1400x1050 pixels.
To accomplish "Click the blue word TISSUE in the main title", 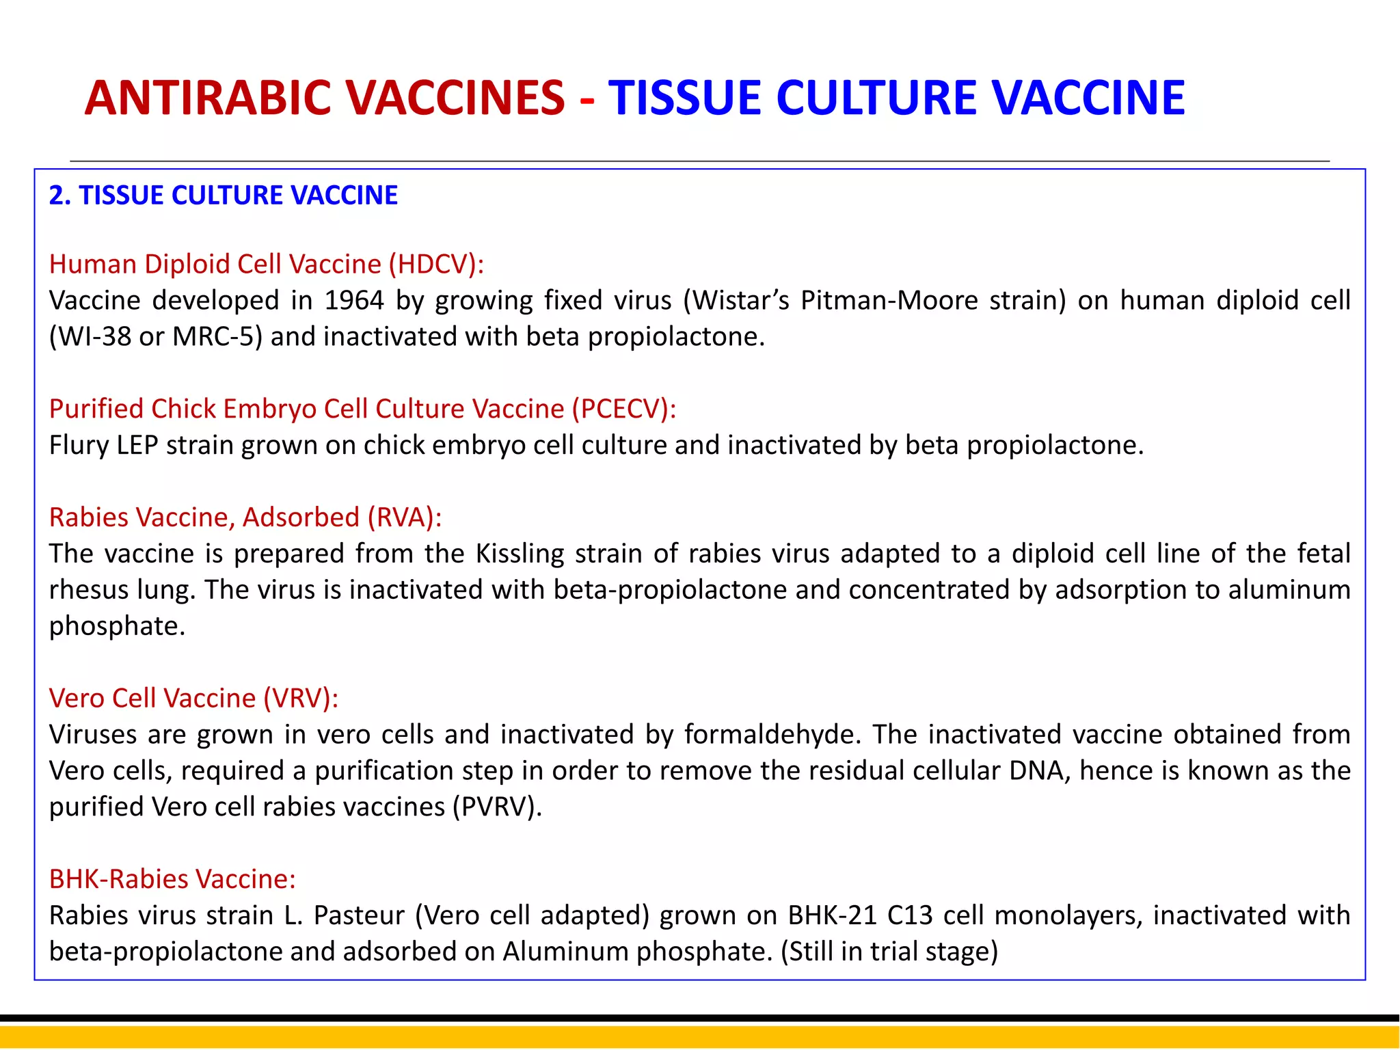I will [x=684, y=98].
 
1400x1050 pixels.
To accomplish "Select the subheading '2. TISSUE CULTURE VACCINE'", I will [x=223, y=196].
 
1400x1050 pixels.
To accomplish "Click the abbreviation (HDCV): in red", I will [x=436, y=265].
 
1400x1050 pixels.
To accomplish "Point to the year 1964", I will [x=353, y=301].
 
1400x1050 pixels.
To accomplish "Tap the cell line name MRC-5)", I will [x=217, y=337].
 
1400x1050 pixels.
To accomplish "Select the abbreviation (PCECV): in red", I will [x=623, y=409].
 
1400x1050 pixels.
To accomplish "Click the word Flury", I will [x=79, y=445].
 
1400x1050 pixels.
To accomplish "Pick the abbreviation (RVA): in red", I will [x=404, y=517].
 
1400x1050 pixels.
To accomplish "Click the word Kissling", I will [x=520, y=554].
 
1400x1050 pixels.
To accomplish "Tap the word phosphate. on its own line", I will [x=117, y=626].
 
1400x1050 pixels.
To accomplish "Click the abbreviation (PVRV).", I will [x=497, y=807].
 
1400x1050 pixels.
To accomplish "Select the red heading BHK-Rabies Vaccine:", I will [x=172, y=879].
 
